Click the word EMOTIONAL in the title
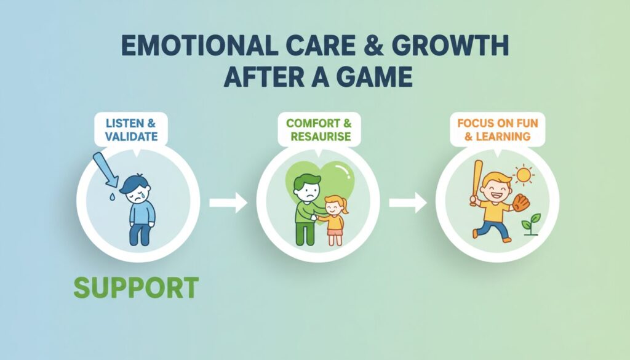(x=199, y=46)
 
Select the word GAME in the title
(x=375, y=77)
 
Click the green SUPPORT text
(x=136, y=287)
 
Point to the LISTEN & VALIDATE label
(x=131, y=130)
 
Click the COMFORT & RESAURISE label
(x=319, y=130)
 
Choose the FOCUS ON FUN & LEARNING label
(x=497, y=130)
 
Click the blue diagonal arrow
(x=105, y=169)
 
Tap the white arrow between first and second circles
(x=228, y=202)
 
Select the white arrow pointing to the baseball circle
(x=408, y=202)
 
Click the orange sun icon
(x=524, y=175)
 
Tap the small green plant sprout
(x=531, y=224)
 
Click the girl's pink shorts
(x=335, y=232)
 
